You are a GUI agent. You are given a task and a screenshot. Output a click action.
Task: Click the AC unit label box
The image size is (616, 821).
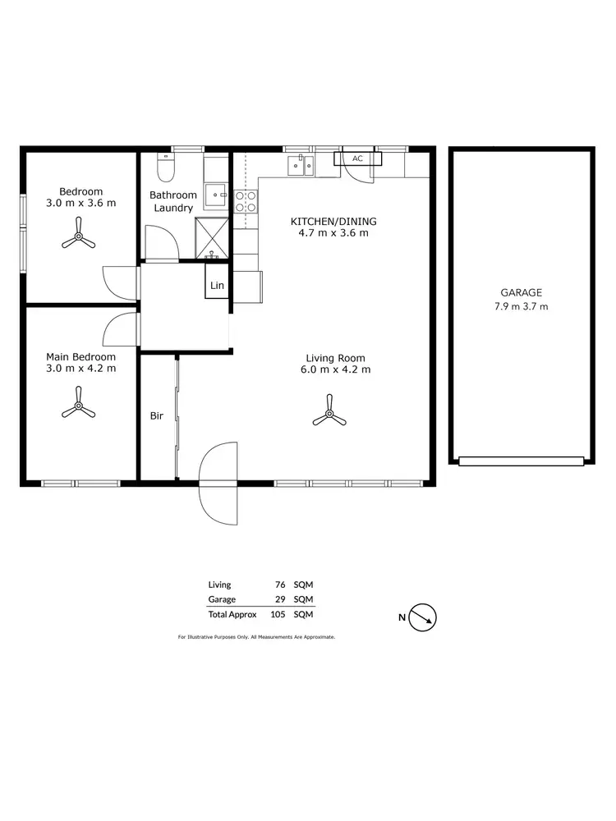coord(357,158)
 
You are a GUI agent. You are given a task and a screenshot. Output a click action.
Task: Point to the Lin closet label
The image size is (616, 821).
coord(217,286)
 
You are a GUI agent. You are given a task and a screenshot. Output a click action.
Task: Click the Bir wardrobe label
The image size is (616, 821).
coord(156,416)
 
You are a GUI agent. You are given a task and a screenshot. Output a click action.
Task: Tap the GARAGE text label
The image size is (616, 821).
coord(521,292)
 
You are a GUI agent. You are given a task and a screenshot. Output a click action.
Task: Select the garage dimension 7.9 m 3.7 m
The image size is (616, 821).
coord(521,306)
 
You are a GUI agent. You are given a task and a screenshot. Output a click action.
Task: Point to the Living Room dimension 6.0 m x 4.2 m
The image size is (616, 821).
coord(335,370)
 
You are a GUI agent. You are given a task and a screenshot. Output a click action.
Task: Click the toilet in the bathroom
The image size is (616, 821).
coord(166,168)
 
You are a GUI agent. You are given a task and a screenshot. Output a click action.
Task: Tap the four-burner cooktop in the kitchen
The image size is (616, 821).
coord(245,202)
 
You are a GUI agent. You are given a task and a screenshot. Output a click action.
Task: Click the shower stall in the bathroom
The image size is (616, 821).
coord(212,239)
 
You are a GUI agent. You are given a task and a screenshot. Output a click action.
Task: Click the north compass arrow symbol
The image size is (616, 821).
coord(424,617)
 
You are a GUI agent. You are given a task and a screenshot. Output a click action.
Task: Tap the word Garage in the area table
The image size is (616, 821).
coord(222,599)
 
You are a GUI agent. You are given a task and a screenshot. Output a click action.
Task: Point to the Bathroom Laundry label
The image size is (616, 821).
coord(172,201)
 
